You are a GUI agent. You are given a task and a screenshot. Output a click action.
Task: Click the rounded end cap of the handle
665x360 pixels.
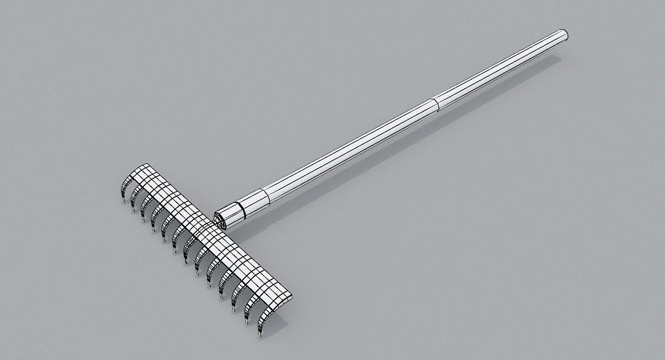click(562, 34)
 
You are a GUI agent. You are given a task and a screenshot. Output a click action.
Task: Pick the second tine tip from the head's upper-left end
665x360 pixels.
click(132, 211)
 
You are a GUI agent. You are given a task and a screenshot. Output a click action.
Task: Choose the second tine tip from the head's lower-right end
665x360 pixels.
click(246, 323)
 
